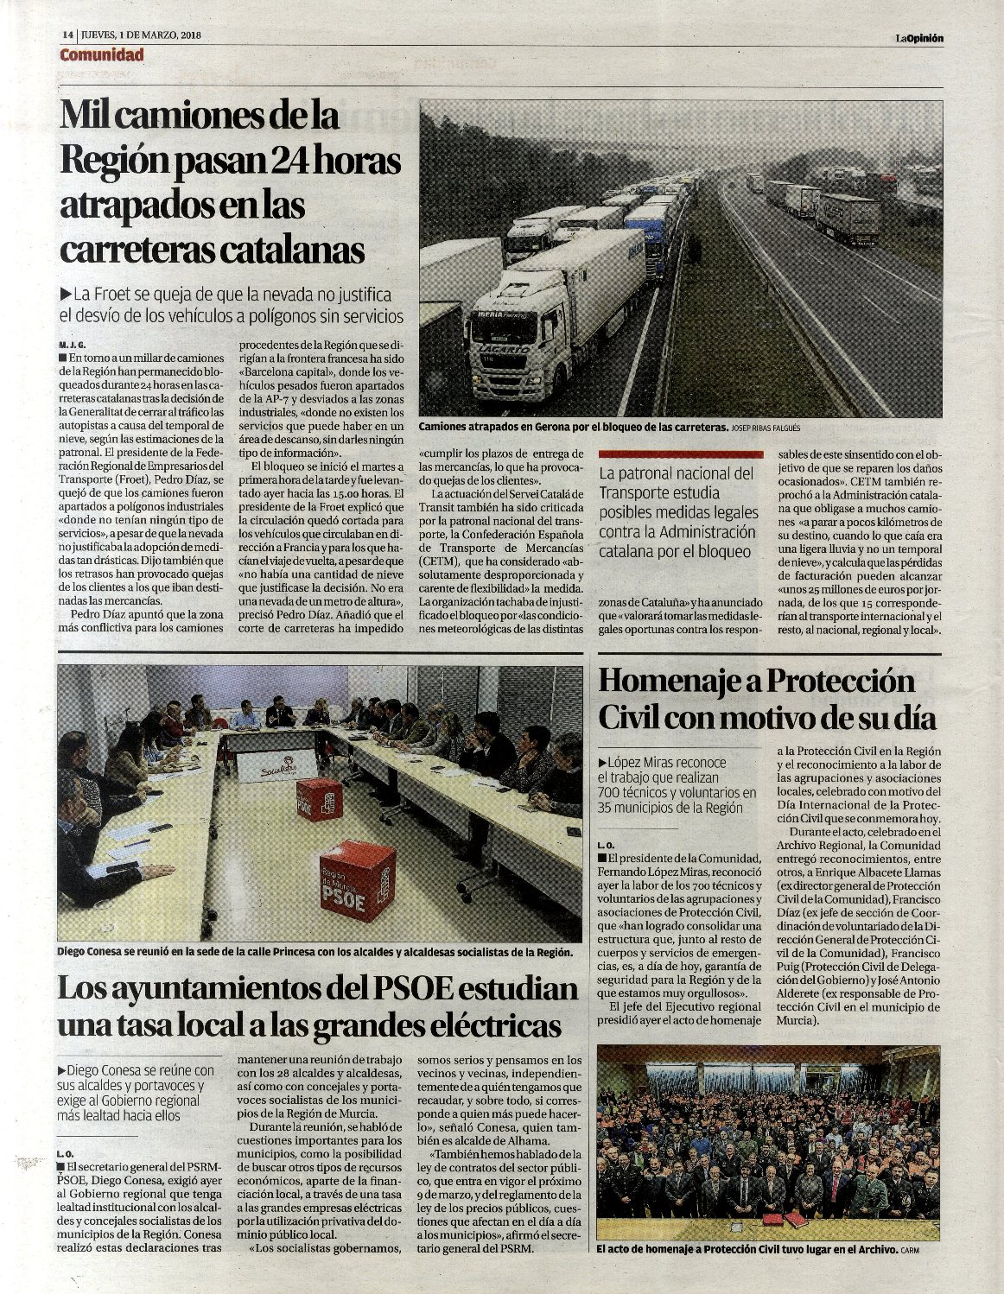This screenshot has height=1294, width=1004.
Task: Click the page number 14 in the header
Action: coord(67,36)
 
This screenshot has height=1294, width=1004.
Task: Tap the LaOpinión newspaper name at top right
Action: coord(918,37)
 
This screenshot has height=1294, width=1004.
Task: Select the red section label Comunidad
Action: coord(101,55)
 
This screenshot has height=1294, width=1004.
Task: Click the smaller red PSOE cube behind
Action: coord(318,798)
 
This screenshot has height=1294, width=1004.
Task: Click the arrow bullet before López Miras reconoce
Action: coord(601,763)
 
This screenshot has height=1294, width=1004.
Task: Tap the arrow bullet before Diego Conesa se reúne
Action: coord(60,1070)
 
